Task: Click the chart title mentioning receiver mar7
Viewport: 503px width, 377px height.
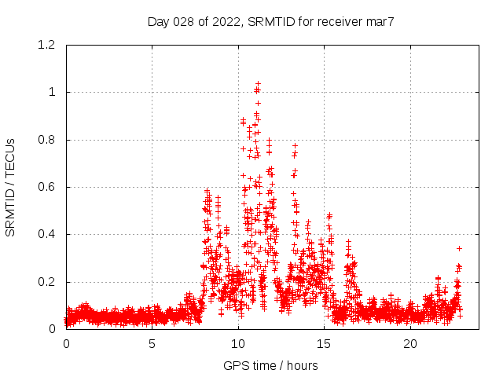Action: (x=270, y=21)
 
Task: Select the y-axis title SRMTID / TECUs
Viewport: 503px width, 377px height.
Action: (x=11, y=187)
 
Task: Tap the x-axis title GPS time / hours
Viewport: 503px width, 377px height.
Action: (x=270, y=365)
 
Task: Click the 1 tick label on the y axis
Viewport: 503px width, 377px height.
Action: (x=53, y=92)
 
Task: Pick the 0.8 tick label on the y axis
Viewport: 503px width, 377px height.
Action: (x=48, y=140)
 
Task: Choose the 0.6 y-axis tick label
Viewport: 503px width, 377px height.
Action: (x=48, y=187)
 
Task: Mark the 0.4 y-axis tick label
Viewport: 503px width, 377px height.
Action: (x=48, y=234)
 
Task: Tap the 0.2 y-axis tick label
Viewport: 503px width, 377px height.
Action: (x=48, y=282)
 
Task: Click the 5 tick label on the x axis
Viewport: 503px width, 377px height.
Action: (x=152, y=344)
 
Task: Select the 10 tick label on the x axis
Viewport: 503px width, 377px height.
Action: (x=238, y=344)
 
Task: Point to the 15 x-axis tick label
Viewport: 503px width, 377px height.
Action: (x=325, y=344)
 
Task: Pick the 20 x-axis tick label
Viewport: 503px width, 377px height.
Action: (x=410, y=344)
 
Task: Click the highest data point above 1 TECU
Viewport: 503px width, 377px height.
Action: (x=258, y=83)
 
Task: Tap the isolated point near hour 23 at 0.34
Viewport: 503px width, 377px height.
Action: (x=459, y=248)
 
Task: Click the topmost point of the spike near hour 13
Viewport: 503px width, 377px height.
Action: (x=296, y=145)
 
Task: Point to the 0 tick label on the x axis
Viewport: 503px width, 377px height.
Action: (x=66, y=344)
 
